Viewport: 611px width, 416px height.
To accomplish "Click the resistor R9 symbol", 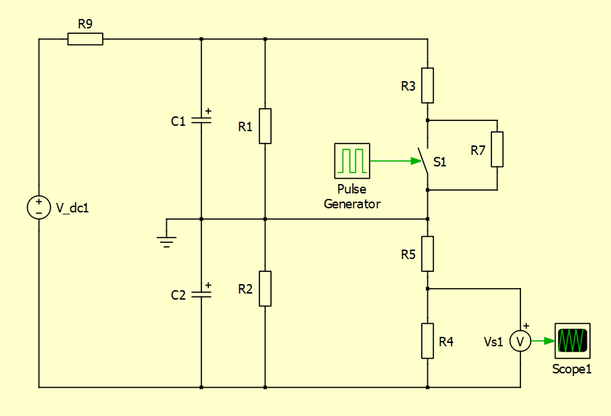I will point(85,39).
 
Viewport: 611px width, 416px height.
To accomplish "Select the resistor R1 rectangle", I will point(265,126).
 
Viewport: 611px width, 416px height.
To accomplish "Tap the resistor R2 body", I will point(265,288).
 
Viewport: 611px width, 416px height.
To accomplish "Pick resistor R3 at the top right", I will point(427,85).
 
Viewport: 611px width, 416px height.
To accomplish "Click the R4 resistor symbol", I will point(427,341).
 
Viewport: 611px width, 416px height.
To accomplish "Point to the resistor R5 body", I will point(427,254).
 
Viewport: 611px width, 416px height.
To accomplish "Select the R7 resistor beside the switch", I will point(497,149).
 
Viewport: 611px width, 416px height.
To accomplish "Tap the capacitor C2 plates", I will point(201,295).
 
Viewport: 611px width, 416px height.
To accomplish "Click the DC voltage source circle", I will point(39,207).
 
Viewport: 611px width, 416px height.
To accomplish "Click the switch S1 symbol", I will point(424,162).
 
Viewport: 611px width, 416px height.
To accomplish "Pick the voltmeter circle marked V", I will point(520,342).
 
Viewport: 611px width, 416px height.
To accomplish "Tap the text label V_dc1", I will point(72,208).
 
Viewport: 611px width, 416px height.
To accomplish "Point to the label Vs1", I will point(493,342).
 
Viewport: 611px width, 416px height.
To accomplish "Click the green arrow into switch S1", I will point(395,161).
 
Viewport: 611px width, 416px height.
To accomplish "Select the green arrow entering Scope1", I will point(543,341).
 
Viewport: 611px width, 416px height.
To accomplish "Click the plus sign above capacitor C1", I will point(207,110).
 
